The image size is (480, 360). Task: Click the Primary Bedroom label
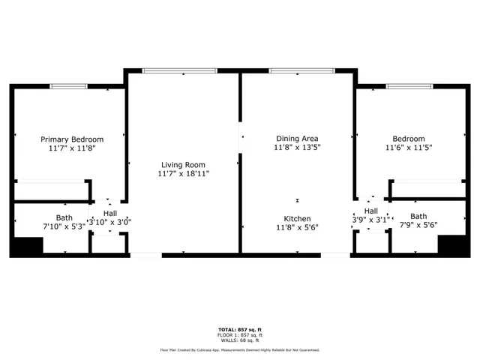[72, 139]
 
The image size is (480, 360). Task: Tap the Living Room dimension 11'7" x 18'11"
[183, 174]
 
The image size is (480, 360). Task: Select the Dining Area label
[297, 139]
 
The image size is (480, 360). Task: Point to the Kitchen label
[297, 217]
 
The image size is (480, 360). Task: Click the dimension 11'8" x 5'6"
[297, 227]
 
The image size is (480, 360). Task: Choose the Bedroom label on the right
[409, 139]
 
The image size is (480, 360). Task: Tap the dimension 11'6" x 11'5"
[409, 148]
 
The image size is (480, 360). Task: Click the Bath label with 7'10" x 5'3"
[23, 217]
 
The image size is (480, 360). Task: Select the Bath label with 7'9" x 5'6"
[418, 216]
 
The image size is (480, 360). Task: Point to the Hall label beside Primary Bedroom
[110, 213]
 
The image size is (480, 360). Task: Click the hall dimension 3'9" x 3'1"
[371, 220]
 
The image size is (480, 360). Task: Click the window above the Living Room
[180, 71]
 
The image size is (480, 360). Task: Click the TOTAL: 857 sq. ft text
[239, 330]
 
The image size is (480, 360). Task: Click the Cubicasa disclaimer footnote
[239, 349]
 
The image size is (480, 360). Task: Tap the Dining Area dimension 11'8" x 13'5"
[297, 148]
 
